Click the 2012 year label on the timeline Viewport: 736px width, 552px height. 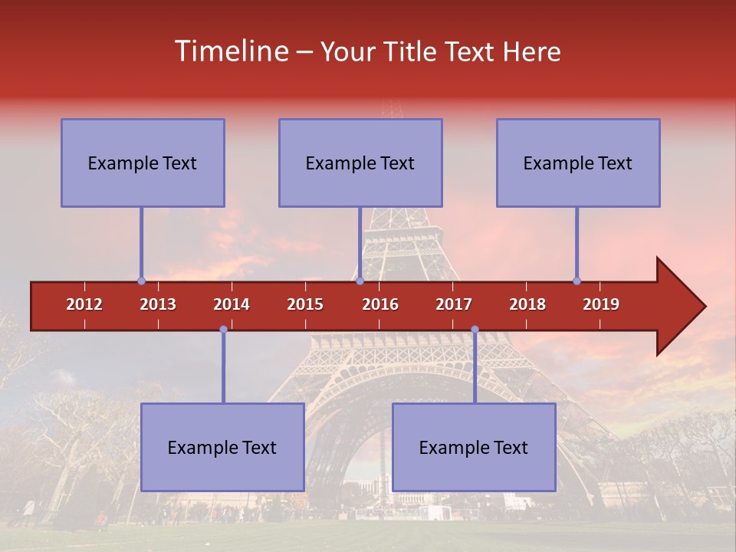coord(84,304)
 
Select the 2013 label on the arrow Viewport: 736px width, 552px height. coord(158,304)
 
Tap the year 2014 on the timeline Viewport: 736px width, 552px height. coord(232,304)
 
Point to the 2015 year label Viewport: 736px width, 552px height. coord(305,304)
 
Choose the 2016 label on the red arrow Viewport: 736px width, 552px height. coord(380,304)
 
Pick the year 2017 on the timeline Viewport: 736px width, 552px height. coord(454,304)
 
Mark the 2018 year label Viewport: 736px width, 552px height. coord(527,304)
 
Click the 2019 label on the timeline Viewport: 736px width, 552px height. coord(601,304)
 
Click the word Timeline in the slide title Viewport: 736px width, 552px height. coord(230,51)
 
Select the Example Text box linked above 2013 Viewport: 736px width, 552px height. coord(143,163)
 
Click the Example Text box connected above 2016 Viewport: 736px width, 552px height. coord(360,163)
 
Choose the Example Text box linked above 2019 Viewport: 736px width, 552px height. coord(578,163)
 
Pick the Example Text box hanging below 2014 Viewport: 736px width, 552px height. coord(222,447)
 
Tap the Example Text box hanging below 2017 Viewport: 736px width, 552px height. coord(474,447)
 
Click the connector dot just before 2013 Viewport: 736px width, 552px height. coord(141,281)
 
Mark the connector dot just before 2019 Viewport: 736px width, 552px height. coord(577,281)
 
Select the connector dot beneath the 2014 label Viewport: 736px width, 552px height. coord(223,330)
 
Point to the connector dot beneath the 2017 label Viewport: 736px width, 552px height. coord(475,330)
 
